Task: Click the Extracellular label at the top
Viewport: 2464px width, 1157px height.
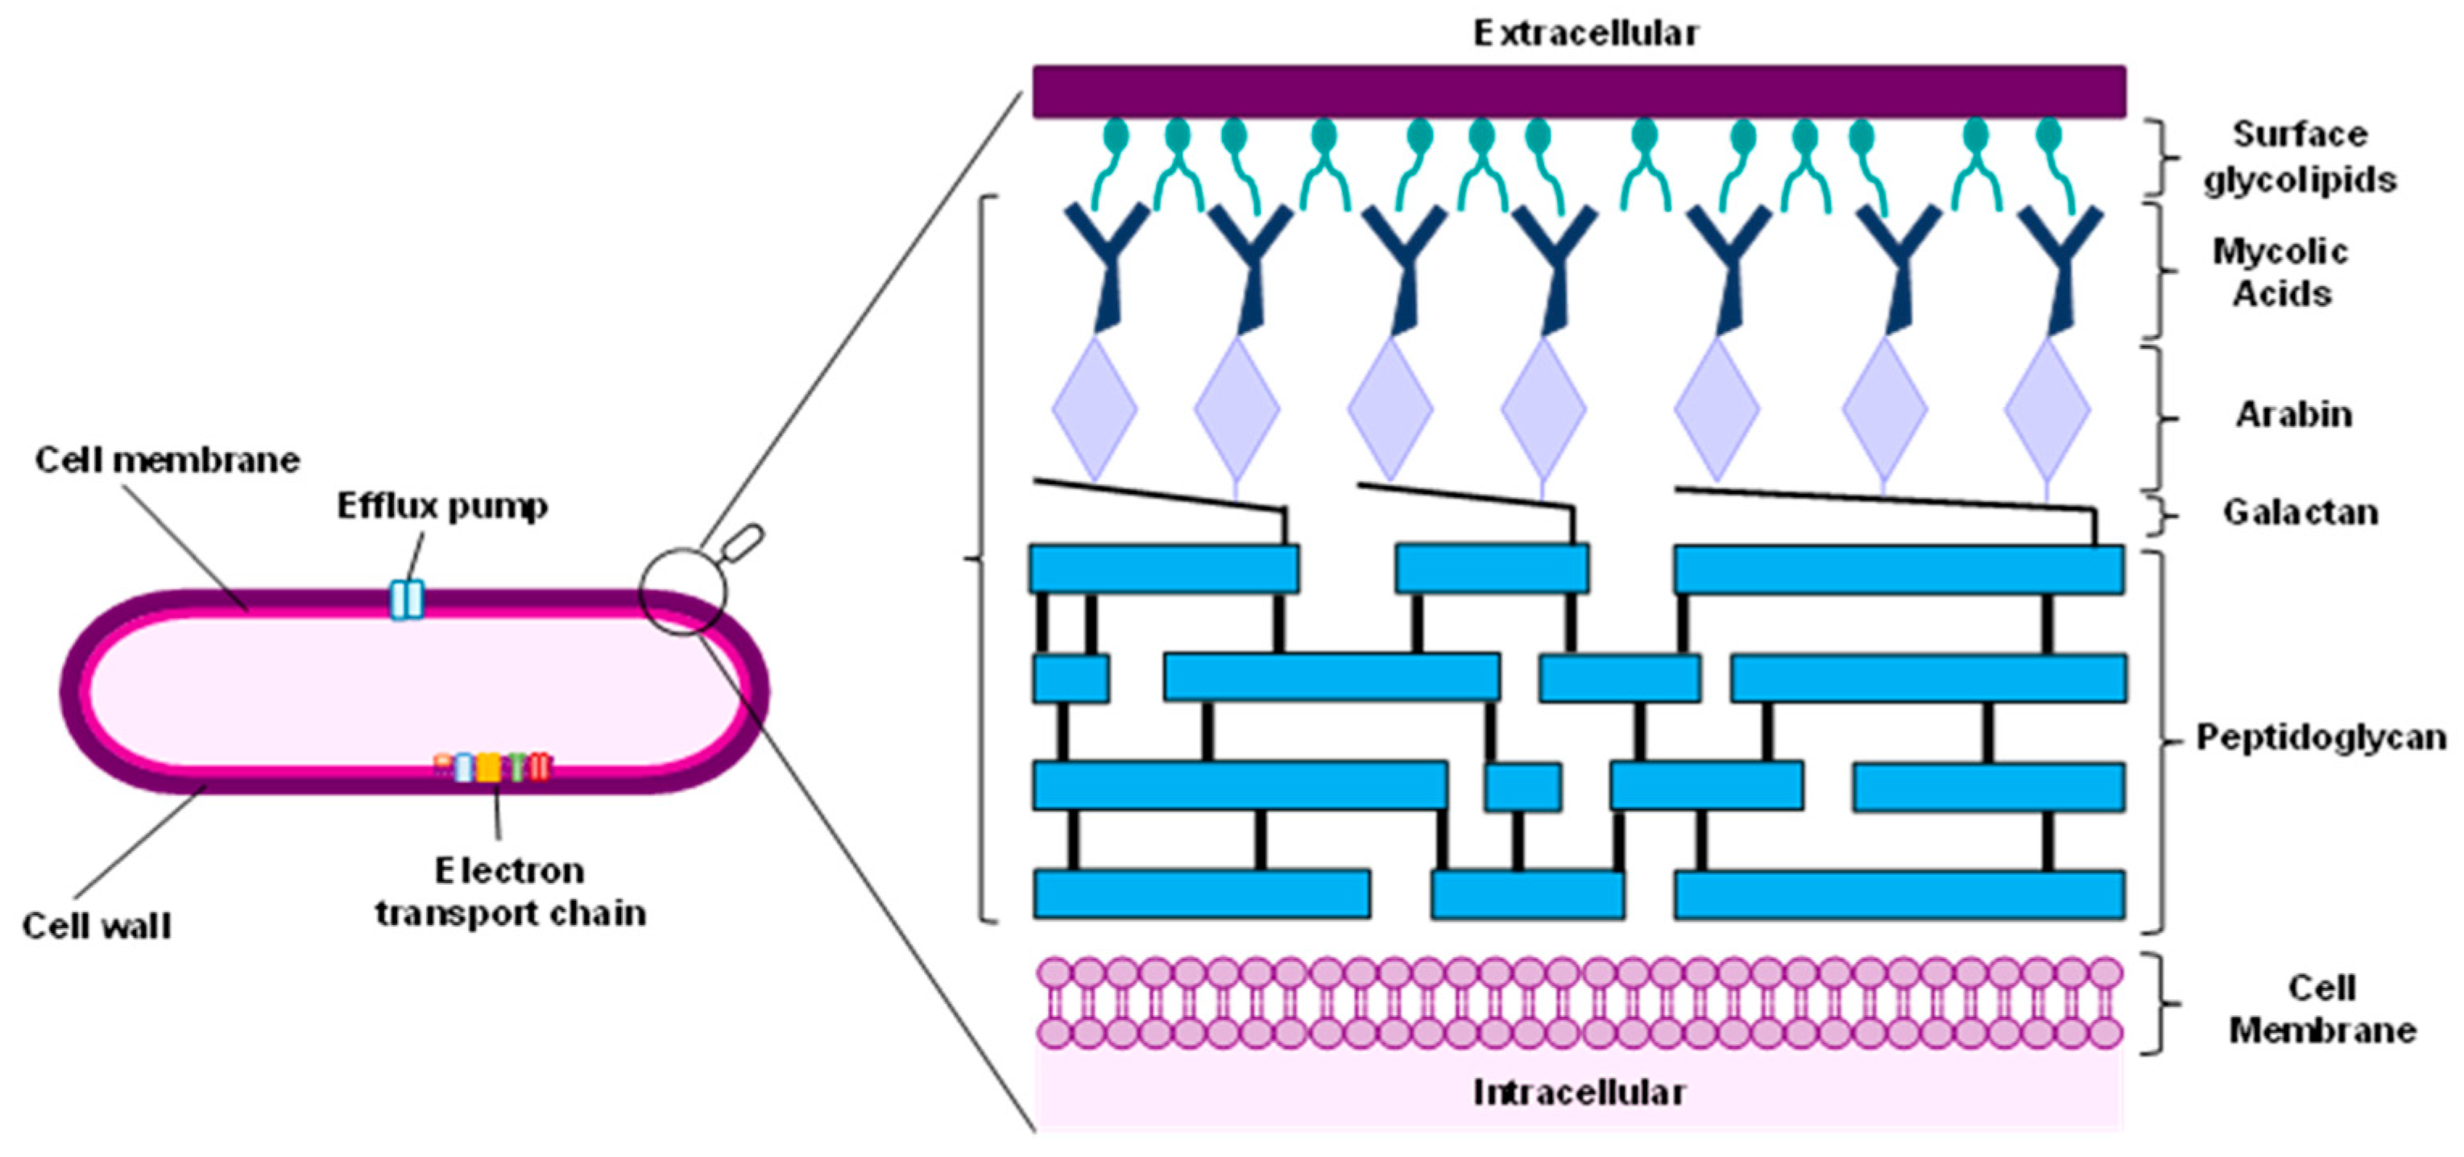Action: click(x=1585, y=35)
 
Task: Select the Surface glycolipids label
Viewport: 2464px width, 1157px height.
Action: click(x=2300, y=157)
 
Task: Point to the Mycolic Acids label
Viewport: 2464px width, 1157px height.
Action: click(x=2280, y=273)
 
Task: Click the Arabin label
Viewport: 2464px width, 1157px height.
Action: click(x=2292, y=414)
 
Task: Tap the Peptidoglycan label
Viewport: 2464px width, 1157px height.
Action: click(x=2321, y=737)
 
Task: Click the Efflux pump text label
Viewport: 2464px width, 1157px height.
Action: click(x=442, y=506)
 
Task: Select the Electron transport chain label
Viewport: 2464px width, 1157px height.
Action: click(x=510, y=892)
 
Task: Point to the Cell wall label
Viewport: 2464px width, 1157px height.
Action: click(x=97, y=927)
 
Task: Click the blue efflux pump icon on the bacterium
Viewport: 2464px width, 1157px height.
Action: click(x=407, y=600)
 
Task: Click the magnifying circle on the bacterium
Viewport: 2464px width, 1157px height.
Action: click(x=683, y=591)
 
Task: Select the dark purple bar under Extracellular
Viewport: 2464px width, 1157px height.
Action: click(x=1578, y=92)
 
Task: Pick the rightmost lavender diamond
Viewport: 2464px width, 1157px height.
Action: click(x=2046, y=409)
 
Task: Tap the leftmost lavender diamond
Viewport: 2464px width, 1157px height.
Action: click(x=1094, y=409)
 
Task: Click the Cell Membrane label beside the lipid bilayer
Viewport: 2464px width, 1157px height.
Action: click(x=2321, y=1009)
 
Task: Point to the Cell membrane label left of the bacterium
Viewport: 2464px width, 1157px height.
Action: click(x=168, y=460)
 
